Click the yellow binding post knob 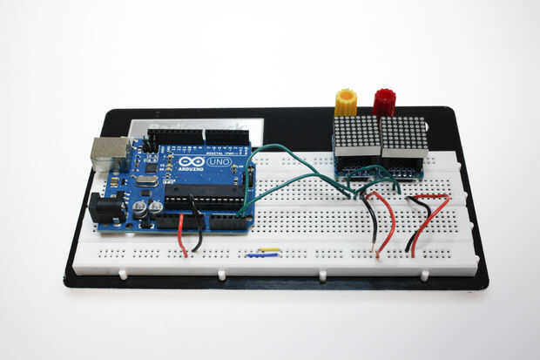pyautogui.click(x=345, y=101)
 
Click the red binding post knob pyautogui.click(x=384, y=101)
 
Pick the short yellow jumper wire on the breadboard pyautogui.click(x=267, y=250)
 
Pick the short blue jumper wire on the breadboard pyautogui.click(x=260, y=255)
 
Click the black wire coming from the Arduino pyautogui.click(x=199, y=231)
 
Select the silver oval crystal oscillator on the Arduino pyautogui.click(x=145, y=180)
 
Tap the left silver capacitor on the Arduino pyautogui.click(x=139, y=210)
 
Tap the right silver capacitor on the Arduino pyautogui.click(x=155, y=208)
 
